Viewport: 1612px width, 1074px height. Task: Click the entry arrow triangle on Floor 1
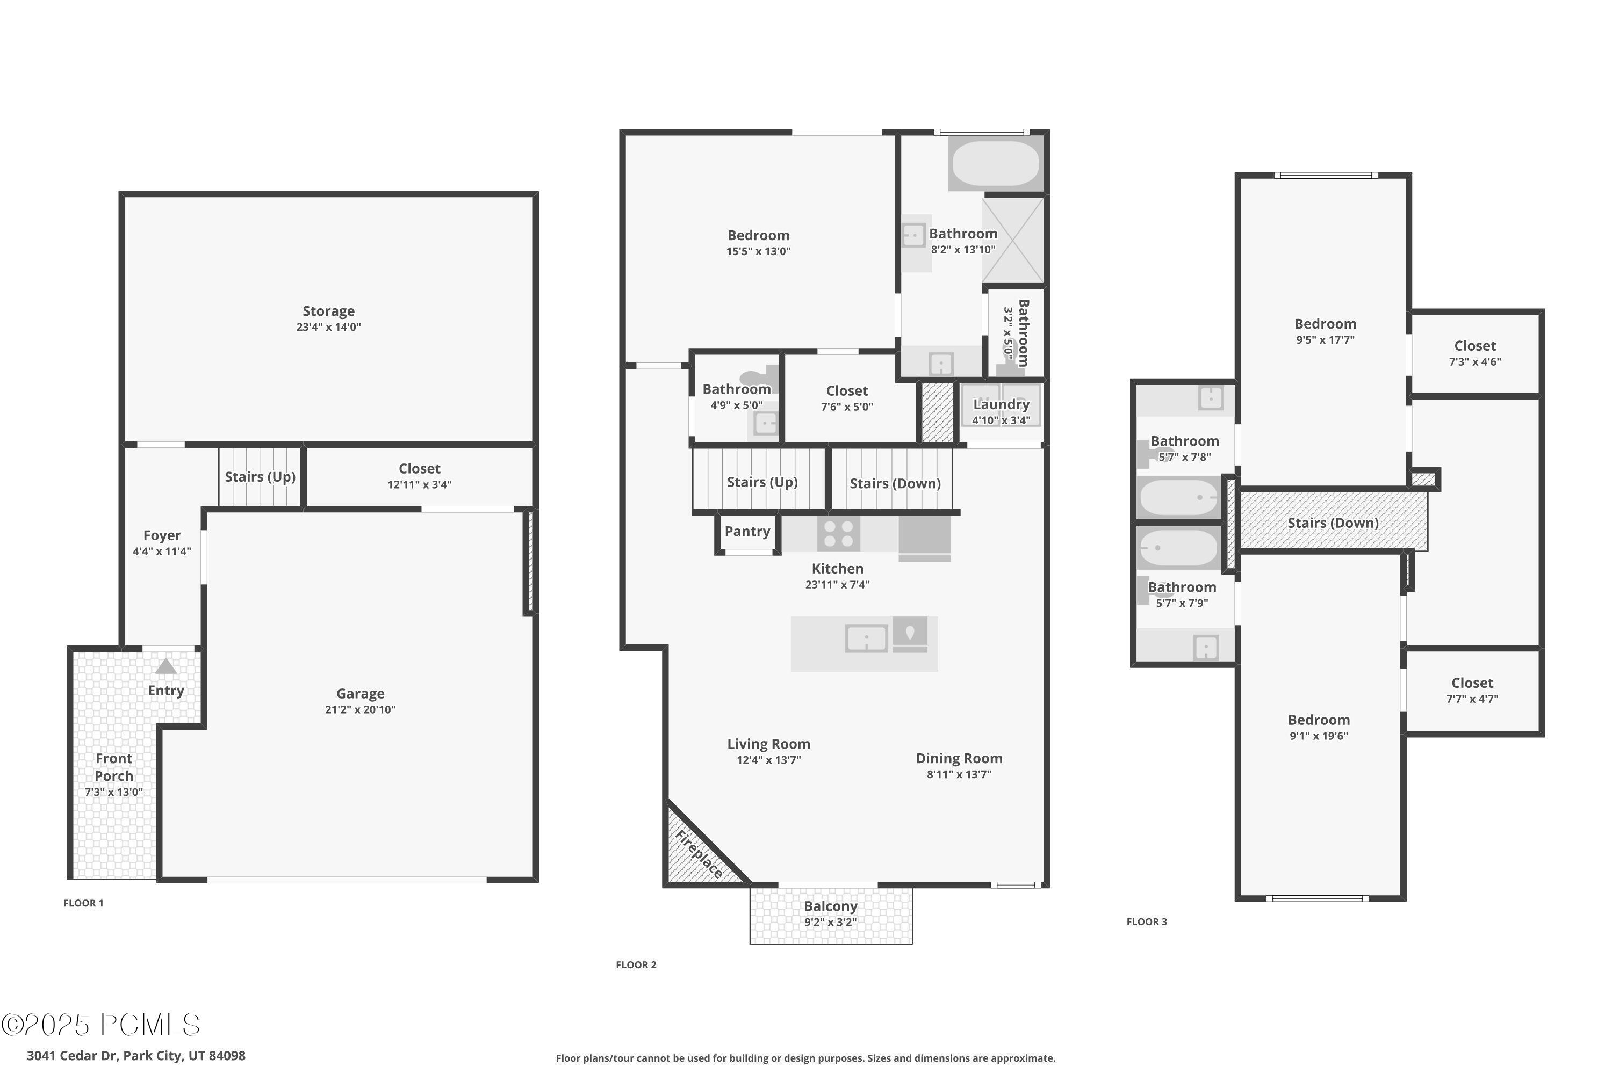166,666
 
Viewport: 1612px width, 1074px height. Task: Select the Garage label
360,694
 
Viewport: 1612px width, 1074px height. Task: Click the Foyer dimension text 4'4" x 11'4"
162,551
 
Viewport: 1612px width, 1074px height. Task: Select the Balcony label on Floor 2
831,906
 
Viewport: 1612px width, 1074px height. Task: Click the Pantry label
747,532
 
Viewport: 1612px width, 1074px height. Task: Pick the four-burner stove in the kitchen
838,534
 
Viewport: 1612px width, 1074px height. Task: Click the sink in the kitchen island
866,638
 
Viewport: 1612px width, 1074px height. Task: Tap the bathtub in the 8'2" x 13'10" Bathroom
995,163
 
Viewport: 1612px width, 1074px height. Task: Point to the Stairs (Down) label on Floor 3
1333,523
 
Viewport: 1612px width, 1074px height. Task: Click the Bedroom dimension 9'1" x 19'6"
1319,736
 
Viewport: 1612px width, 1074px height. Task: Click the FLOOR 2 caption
636,965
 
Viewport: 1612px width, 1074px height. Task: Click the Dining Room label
959,758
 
